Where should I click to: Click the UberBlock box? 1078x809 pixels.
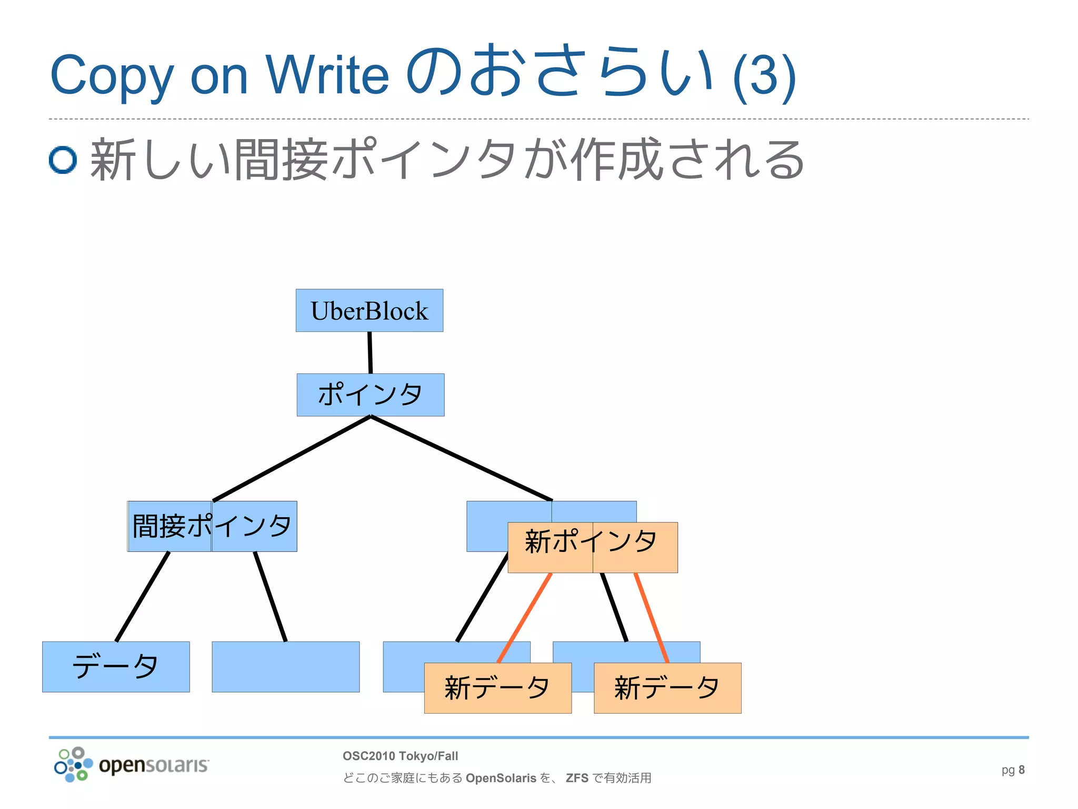[369, 310]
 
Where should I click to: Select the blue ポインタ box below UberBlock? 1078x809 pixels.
[370, 394]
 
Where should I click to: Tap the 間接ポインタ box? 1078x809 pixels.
[212, 526]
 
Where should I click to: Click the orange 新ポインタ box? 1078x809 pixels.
[592, 547]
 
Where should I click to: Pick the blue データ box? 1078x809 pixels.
[116, 666]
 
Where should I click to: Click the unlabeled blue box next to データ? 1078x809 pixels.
[285, 666]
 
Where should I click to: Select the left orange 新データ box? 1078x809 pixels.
[497, 688]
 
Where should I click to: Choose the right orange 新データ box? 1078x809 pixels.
[667, 688]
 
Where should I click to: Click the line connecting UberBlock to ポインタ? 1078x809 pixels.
[370, 352]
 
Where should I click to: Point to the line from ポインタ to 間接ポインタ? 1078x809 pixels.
[292, 458]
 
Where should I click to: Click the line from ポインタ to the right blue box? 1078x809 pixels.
[462, 458]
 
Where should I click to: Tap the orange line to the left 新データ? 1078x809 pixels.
[524, 618]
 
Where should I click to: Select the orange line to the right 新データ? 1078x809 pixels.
[651, 618]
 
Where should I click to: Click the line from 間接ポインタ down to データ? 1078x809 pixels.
[142, 597]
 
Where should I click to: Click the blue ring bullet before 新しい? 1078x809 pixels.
[63, 160]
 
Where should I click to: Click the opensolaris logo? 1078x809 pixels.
[132, 765]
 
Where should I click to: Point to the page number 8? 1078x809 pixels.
[1021, 770]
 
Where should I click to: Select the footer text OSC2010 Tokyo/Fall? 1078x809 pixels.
[400, 756]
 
